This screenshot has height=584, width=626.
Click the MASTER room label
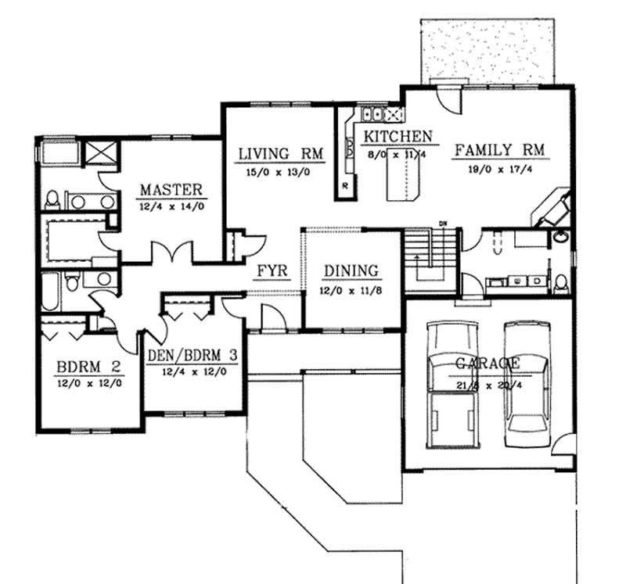click(171, 189)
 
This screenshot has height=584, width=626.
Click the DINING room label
click(351, 271)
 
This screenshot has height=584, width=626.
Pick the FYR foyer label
click(273, 271)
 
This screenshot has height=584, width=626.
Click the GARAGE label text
click(487, 364)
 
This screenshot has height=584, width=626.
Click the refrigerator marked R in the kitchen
click(345, 186)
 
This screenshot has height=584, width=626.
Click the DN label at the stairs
click(442, 224)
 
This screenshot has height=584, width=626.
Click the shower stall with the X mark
click(99, 152)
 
